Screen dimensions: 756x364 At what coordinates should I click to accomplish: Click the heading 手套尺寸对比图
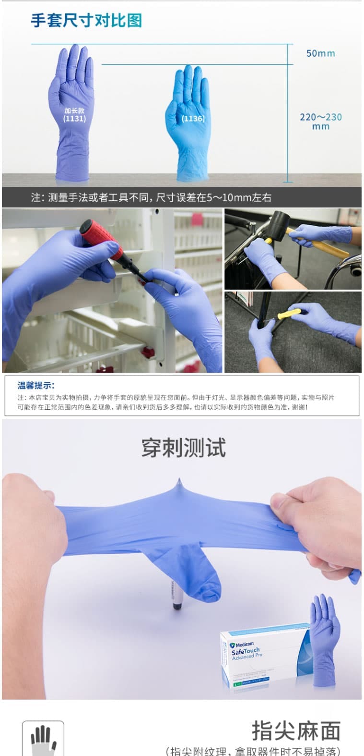click(x=86, y=20)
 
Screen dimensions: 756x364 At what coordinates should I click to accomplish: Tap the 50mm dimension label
click(x=320, y=53)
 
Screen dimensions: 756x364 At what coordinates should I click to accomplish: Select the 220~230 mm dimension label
click(x=320, y=121)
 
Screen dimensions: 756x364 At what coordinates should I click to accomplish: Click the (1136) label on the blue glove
click(x=193, y=118)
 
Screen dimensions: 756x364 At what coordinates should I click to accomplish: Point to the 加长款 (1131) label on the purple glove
click(x=74, y=114)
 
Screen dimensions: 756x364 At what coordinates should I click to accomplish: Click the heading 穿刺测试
click(x=183, y=448)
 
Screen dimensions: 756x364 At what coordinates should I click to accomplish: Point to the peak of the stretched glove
click(x=179, y=482)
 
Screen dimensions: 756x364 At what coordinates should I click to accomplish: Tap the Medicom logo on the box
click(x=242, y=644)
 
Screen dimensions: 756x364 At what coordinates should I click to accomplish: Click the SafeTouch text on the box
click(x=245, y=651)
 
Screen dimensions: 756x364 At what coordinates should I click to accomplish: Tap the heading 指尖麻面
click(x=296, y=731)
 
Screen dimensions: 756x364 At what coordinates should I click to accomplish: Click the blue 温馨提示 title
click(x=36, y=385)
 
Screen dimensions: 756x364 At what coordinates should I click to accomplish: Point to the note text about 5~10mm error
click(x=151, y=197)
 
